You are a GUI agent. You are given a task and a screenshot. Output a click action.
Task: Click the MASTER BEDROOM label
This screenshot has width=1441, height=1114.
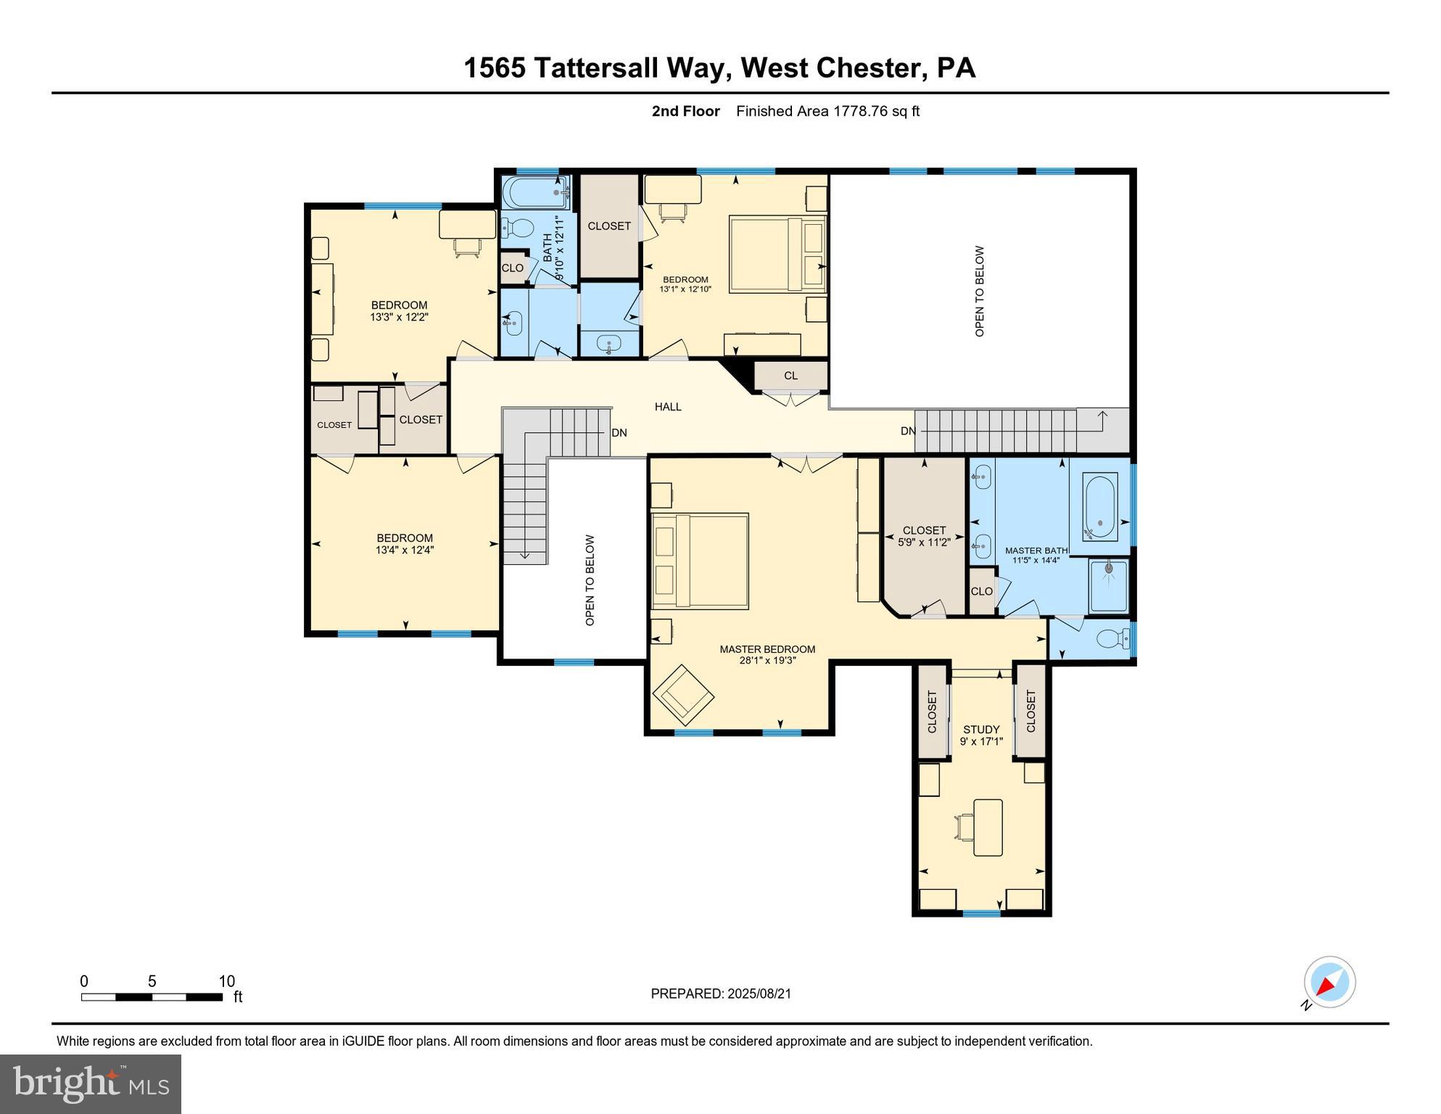tap(767, 649)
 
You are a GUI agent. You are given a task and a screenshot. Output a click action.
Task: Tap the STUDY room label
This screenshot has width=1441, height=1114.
tap(981, 729)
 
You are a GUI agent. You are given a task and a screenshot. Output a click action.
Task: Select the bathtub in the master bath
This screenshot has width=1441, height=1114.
tap(1099, 506)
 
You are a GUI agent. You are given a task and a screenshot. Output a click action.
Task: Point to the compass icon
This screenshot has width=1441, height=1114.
tap(1330, 982)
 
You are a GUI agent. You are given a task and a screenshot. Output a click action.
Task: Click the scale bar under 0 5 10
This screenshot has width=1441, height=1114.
tap(152, 997)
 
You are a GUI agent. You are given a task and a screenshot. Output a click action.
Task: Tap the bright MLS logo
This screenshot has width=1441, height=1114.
tap(90, 1084)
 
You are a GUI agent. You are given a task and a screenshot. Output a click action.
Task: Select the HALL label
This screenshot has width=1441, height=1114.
tap(668, 407)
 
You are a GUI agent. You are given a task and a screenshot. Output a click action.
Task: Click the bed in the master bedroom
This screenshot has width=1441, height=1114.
tap(700, 561)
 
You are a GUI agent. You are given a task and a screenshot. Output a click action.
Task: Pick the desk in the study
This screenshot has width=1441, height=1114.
tap(987, 828)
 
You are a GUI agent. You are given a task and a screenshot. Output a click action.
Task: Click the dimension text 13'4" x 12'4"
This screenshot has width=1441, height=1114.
tap(405, 550)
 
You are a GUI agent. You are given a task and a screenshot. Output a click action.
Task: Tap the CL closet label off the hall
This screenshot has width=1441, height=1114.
tap(790, 376)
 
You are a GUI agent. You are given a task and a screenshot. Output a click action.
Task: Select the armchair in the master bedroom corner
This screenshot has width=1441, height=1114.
tap(683, 694)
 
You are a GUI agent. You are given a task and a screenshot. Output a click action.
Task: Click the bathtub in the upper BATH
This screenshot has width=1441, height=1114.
tap(534, 191)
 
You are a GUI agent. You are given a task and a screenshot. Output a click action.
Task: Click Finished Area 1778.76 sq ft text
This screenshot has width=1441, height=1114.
tap(827, 111)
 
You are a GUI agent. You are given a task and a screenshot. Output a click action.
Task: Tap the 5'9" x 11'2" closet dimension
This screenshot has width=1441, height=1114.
tap(924, 542)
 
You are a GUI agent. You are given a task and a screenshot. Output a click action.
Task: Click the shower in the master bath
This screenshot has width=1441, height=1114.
tap(1109, 585)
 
